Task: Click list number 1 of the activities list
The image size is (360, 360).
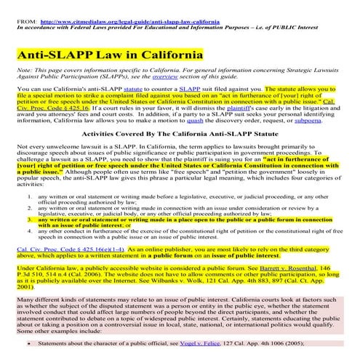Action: (x=29, y=197)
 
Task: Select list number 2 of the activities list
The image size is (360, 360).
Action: (x=29, y=209)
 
